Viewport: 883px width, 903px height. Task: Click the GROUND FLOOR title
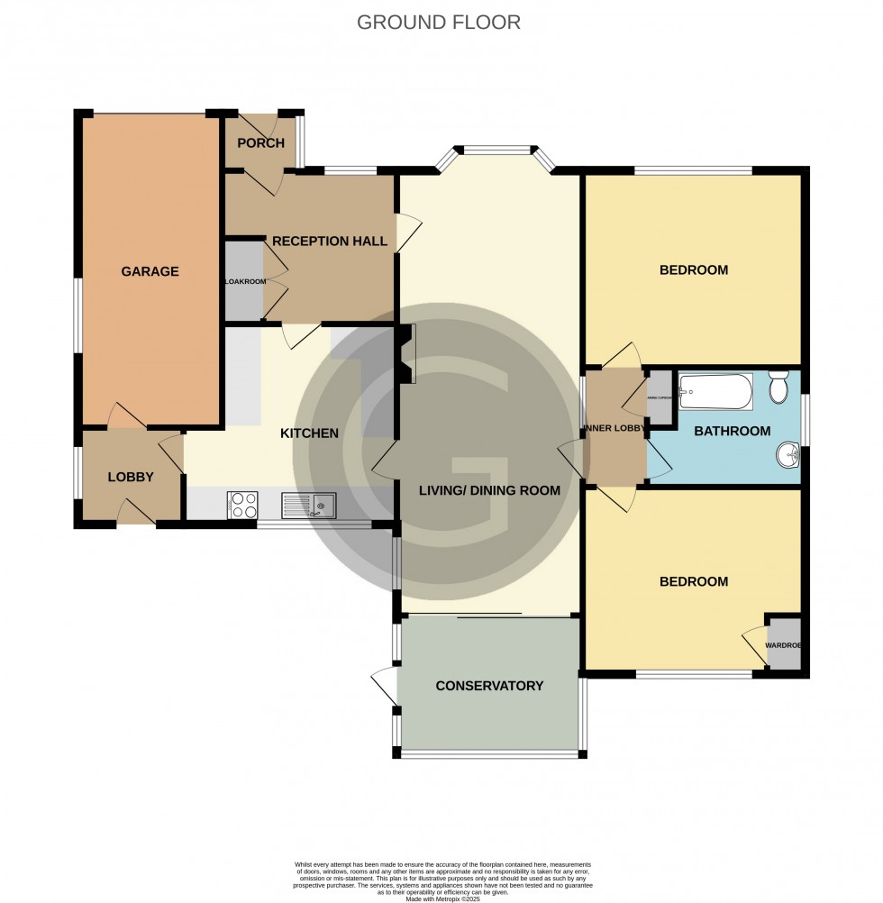(439, 23)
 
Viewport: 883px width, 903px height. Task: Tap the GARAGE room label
(150, 271)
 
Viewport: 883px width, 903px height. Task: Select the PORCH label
(260, 143)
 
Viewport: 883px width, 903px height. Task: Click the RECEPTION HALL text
(330, 242)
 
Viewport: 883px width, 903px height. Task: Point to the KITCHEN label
(309, 433)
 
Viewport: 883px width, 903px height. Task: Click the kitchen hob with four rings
(242, 505)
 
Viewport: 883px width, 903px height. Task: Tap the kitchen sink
(309, 506)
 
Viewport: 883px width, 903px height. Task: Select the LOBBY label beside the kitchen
(131, 477)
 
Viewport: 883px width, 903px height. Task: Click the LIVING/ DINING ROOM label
(489, 490)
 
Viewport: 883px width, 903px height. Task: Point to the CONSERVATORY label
(489, 686)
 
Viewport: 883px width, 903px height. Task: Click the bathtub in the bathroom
(715, 392)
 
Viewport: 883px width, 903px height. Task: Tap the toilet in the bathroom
(779, 389)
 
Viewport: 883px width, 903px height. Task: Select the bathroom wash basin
(787, 456)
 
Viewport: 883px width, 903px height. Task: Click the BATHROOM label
(732, 432)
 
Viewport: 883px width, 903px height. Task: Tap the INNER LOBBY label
(614, 428)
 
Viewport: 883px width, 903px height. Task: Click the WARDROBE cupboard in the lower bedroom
(783, 644)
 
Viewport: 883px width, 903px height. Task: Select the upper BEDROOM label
(693, 270)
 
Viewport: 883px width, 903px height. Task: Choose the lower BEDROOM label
(693, 582)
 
